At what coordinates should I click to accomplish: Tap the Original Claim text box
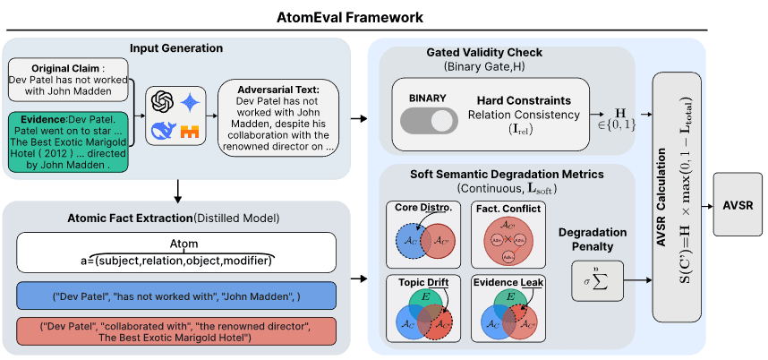tap(68, 81)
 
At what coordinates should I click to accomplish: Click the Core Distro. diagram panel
tap(424, 234)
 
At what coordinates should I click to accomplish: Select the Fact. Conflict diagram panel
tap(508, 234)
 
